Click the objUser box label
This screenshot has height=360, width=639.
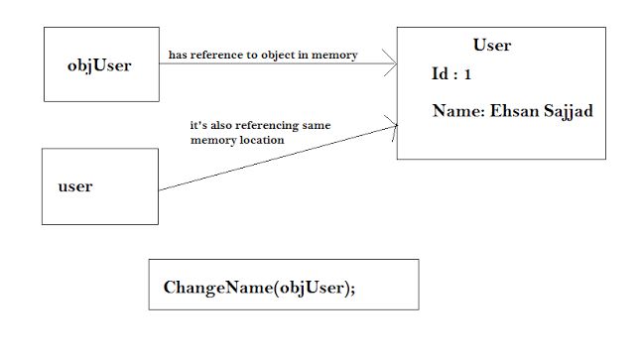pyautogui.click(x=101, y=65)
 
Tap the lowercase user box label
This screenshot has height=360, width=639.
pyautogui.click(x=75, y=186)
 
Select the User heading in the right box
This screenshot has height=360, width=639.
pyautogui.click(x=492, y=46)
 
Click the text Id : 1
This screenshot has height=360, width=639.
pyautogui.click(x=451, y=75)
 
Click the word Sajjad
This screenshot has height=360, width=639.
pyautogui.click(x=568, y=112)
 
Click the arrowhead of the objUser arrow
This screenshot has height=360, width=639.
pyautogui.click(x=393, y=64)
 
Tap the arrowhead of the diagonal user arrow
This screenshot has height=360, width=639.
pyautogui.click(x=393, y=125)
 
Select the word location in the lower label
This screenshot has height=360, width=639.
pyautogui.click(x=260, y=141)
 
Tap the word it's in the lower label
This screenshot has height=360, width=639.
pyautogui.click(x=198, y=127)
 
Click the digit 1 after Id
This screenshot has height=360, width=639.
pyautogui.click(x=468, y=75)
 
